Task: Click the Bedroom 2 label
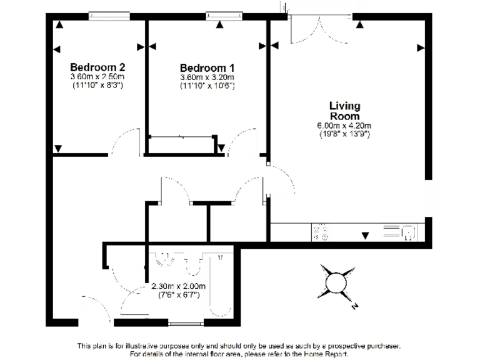(97, 67)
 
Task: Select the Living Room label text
(344, 111)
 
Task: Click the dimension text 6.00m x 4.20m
(344, 126)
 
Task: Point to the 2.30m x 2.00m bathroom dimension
(179, 287)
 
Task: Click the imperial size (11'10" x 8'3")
(97, 85)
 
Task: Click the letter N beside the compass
(354, 307)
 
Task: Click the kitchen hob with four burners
(322, 233)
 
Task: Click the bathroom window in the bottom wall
(186, 323)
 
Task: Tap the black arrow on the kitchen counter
(365, 235)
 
